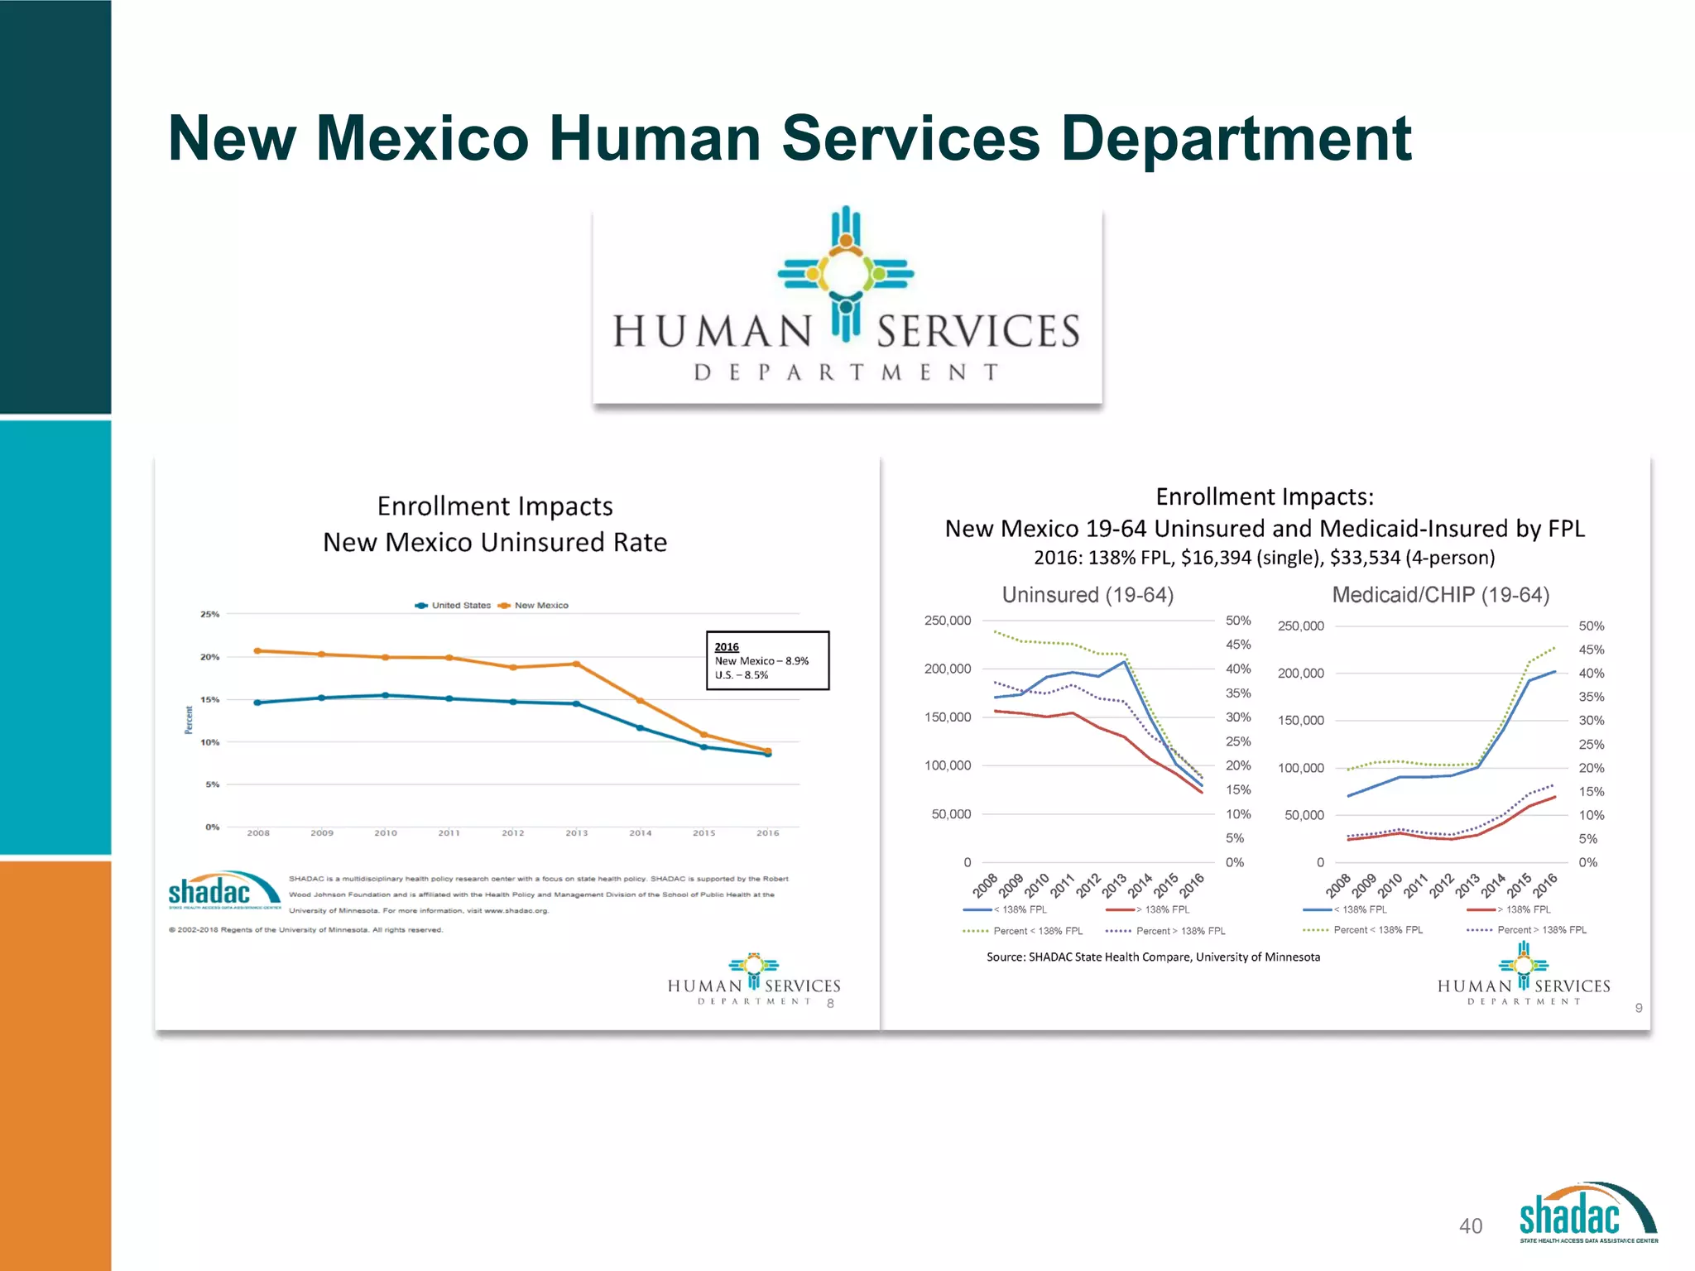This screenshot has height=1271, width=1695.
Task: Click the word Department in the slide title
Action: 1236,138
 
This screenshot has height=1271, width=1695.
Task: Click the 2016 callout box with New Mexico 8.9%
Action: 767,660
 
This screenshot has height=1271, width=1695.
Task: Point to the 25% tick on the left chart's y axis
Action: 209,614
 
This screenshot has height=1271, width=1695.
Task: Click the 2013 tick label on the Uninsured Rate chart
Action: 576,832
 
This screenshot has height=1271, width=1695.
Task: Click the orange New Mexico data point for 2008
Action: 257,650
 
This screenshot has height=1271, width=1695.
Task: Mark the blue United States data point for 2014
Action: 640,727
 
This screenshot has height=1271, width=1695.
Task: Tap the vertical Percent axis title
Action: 189,719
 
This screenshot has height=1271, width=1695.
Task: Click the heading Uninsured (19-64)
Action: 1088,594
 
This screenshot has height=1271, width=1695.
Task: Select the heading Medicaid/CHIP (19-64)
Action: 1440,594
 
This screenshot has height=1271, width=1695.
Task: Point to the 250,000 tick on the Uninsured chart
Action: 947,621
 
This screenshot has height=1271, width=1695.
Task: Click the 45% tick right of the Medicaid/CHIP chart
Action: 1591,650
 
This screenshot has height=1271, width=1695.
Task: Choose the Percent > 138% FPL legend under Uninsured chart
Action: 1167,931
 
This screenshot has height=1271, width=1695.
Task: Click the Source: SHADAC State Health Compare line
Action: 1153,957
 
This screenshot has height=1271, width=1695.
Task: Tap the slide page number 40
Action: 1470,1225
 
